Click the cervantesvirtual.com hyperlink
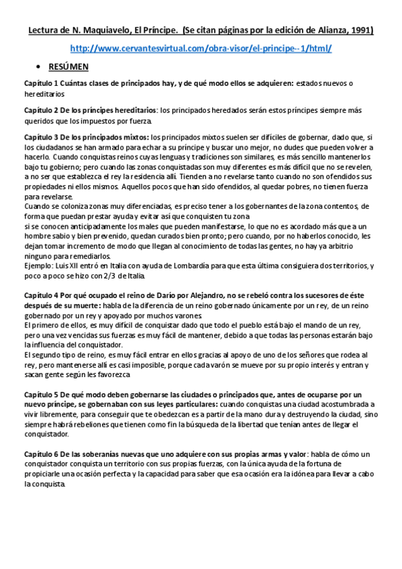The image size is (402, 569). tap(201, 49)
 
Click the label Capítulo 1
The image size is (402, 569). tap(43, 83)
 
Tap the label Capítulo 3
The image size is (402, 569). tap(43, 136)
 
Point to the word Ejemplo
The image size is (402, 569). tap(38, 266)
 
